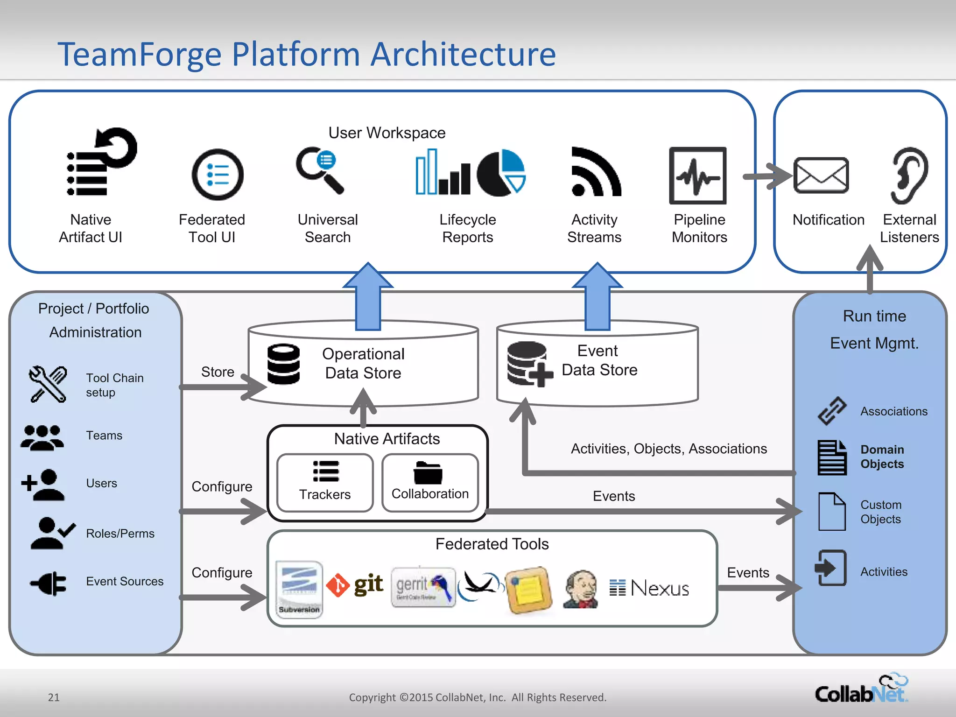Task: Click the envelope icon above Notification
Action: (821, 175)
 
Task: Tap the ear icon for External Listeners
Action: (909, 176)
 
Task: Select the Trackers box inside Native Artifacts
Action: (325, 483)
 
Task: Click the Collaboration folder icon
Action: (428, 473)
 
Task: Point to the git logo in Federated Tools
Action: (355, 585)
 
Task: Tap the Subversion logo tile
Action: (299, 589)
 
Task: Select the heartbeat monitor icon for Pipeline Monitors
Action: (697, 176)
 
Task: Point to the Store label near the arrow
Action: (218, 372)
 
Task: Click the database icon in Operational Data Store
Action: (283, 364)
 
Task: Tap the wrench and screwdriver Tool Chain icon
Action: (48, 384)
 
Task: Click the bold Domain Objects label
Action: (882, 457)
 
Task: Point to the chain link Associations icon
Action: (832, 411)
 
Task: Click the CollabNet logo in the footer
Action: (861, 689)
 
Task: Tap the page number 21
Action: (54, 697)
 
